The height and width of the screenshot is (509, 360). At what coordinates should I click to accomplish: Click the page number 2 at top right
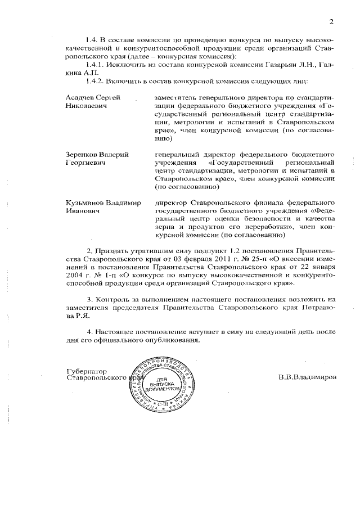point(332,22)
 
